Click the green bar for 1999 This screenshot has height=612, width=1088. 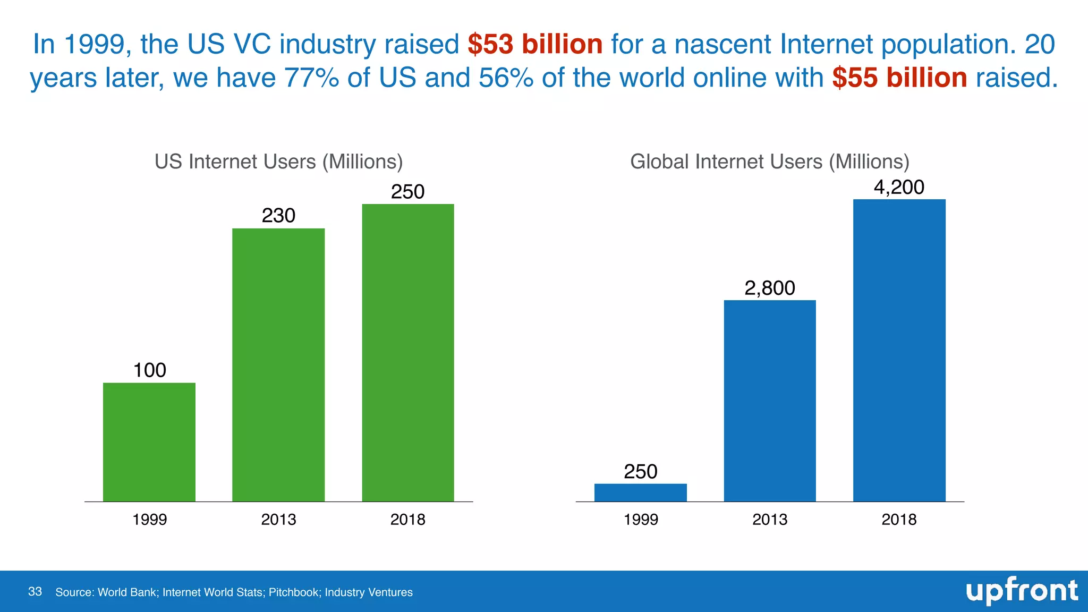coord(149,442)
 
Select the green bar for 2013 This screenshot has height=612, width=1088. coord(278,365)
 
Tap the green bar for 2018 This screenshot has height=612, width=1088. coord(408,353)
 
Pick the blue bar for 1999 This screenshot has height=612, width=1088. coord(640,492)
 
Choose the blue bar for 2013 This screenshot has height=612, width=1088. coord(770,401)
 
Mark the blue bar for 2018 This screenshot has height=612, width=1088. coord(899,351)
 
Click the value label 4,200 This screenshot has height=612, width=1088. coord(899,187)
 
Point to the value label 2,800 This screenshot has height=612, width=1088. coord(770,288)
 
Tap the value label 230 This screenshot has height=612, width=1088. coord(278,215)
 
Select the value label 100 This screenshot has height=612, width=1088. coord(149,370)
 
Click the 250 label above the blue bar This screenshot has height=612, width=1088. coord(640,471)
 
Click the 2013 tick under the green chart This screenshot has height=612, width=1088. coord(278,519)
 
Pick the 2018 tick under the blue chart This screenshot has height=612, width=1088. coord(899,519)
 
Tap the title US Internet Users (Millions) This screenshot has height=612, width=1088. coord(278,161)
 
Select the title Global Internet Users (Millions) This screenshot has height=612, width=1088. coord(770,161)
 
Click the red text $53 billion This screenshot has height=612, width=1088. coord(535,44)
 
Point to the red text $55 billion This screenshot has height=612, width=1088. coord(899,78)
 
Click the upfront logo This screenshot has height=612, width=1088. coord(1022,591)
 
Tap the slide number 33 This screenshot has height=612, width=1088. coord(35,592)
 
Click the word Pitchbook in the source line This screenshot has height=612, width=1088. coord(294,592)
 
